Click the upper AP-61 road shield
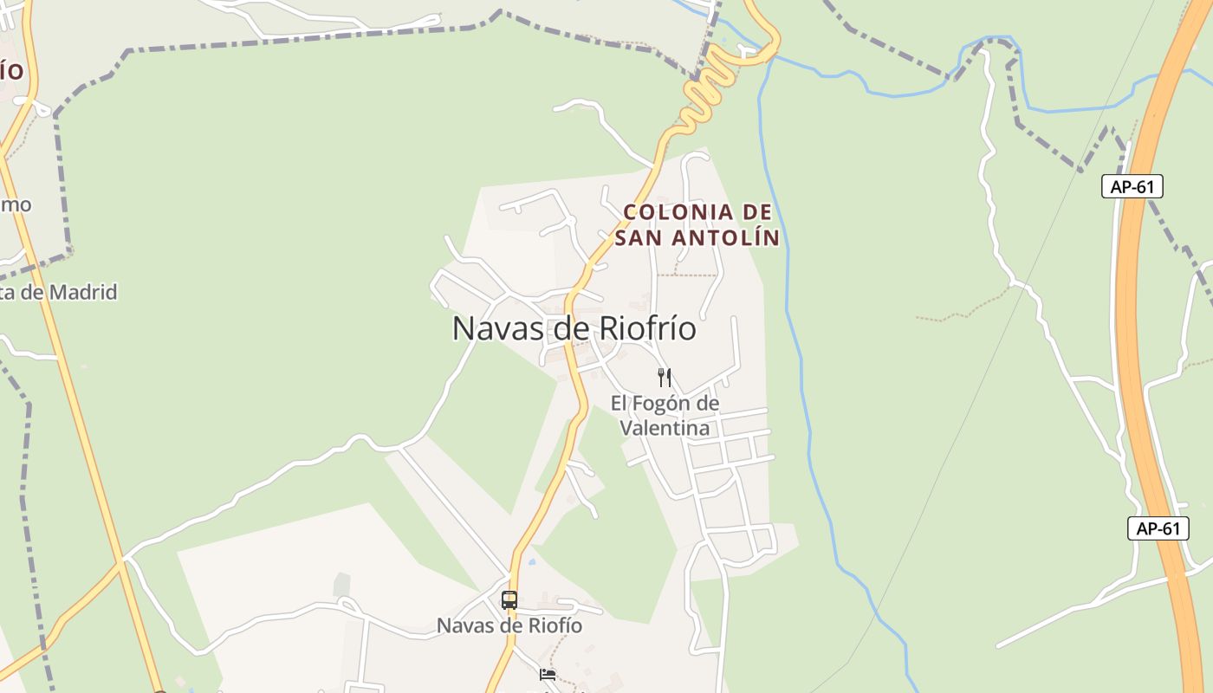tap(1132, 186)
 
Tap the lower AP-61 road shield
tap(1158, 528)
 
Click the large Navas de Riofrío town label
tap(574, 329)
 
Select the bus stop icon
tap(509, 599)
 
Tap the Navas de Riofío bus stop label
tap(509, 625)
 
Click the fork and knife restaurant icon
tap(665, 377)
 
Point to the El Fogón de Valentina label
tap(665, 416)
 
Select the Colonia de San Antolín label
tap(697, 224)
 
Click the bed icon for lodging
tap(547, 674)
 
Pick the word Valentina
tap(665, 428)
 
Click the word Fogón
tap(664, 404)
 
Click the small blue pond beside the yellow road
tap(530, 561)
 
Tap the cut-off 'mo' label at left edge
tap(16, 204)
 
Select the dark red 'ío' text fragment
tap(11, 70)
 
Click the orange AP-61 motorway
tap(1135, 346)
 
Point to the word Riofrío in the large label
tap(643, 329)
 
